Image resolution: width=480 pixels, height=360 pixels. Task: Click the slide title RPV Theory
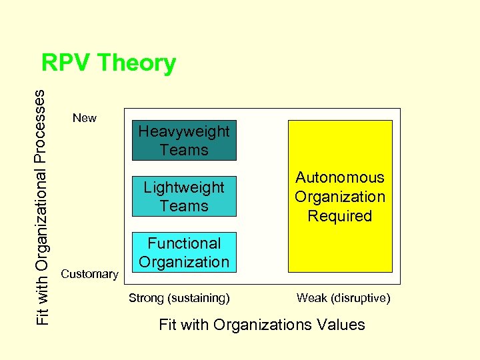(x=109, y=63)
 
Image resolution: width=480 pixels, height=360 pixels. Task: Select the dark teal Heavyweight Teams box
(x=183, y=141)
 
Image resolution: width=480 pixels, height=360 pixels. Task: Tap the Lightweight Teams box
(x=183, y=197)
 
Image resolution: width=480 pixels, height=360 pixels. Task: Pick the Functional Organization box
(x=183, y=253)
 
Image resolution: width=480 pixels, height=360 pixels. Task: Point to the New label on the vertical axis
(x=85, y=118)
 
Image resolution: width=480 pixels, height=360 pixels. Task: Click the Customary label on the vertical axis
(x=89, y=274)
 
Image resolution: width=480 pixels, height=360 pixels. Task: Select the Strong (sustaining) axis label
(x=179, y=298)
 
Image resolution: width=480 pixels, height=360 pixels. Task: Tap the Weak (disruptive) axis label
(x=343, y=298)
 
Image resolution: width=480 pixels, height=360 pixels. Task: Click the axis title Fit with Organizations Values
(x=262, y=325)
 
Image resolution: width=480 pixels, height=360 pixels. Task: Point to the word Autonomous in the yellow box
(x=340, y=177)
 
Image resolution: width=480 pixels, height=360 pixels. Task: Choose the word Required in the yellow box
(x=340, y=216)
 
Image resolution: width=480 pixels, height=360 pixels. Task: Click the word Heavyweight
(x=183, y=132)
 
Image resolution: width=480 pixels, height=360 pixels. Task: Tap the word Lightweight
(x=183, y=187)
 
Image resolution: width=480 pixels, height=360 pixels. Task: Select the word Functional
(x=183, y=243)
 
